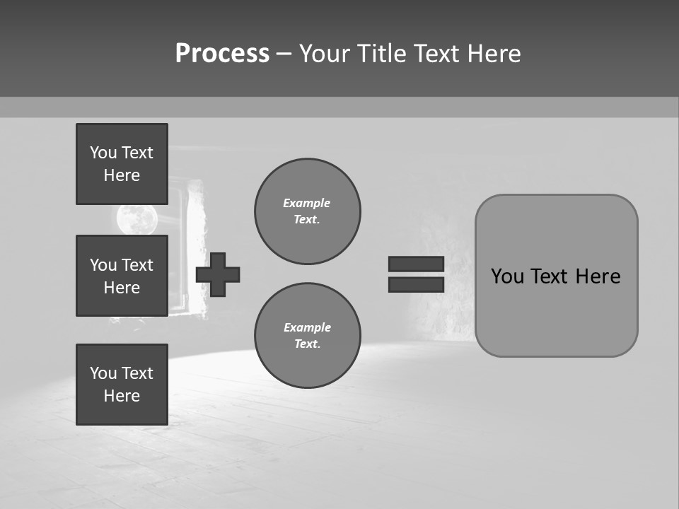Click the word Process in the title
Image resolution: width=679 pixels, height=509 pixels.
tap(222, 54)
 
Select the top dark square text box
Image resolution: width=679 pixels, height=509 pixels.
tap(122, 164)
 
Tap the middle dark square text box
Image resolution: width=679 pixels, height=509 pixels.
tap(122, 276)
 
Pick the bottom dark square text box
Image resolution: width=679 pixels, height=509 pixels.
tap(122, 385)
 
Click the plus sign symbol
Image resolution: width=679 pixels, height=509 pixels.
tap(218, 274)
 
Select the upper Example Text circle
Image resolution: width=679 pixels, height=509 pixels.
tap(308, 211)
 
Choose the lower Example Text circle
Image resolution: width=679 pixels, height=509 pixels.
tap(308, 336)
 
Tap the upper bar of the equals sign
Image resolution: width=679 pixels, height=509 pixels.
tap(416, 264)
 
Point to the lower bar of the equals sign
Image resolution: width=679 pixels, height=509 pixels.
tap(416, 284)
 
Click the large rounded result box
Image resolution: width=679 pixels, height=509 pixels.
tap(556, 311)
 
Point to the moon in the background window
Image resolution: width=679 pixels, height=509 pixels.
tap(136, 219)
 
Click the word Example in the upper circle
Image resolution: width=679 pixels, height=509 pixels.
tap(307, 203)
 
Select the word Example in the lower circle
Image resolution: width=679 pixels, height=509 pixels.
tap(307, 327)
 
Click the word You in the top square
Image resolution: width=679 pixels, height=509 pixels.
tap(103, 153)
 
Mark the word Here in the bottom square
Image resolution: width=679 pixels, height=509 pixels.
tap(122, 396)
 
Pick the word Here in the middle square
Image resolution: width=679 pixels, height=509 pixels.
tap(122, 288)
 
